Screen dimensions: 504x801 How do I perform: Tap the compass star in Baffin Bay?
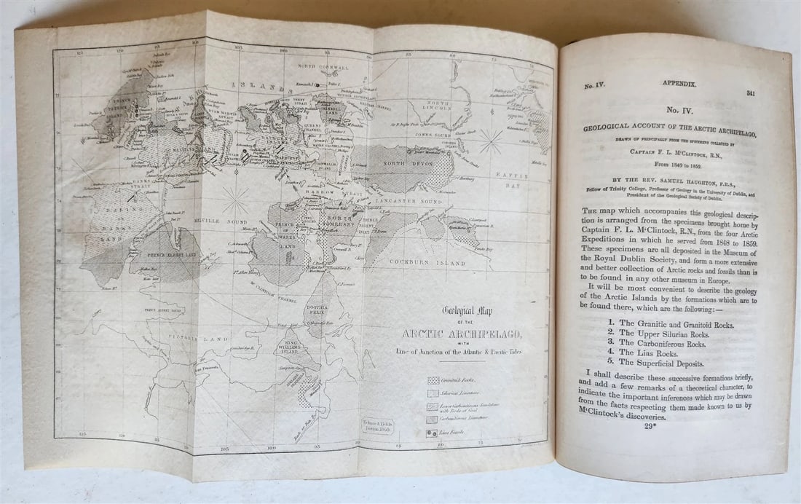tap(491, 141)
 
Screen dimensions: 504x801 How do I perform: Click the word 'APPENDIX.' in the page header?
tap(678, 84)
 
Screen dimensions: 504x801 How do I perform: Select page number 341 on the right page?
tap(751, 94)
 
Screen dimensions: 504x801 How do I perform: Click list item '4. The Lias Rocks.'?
tap(655, 352)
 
